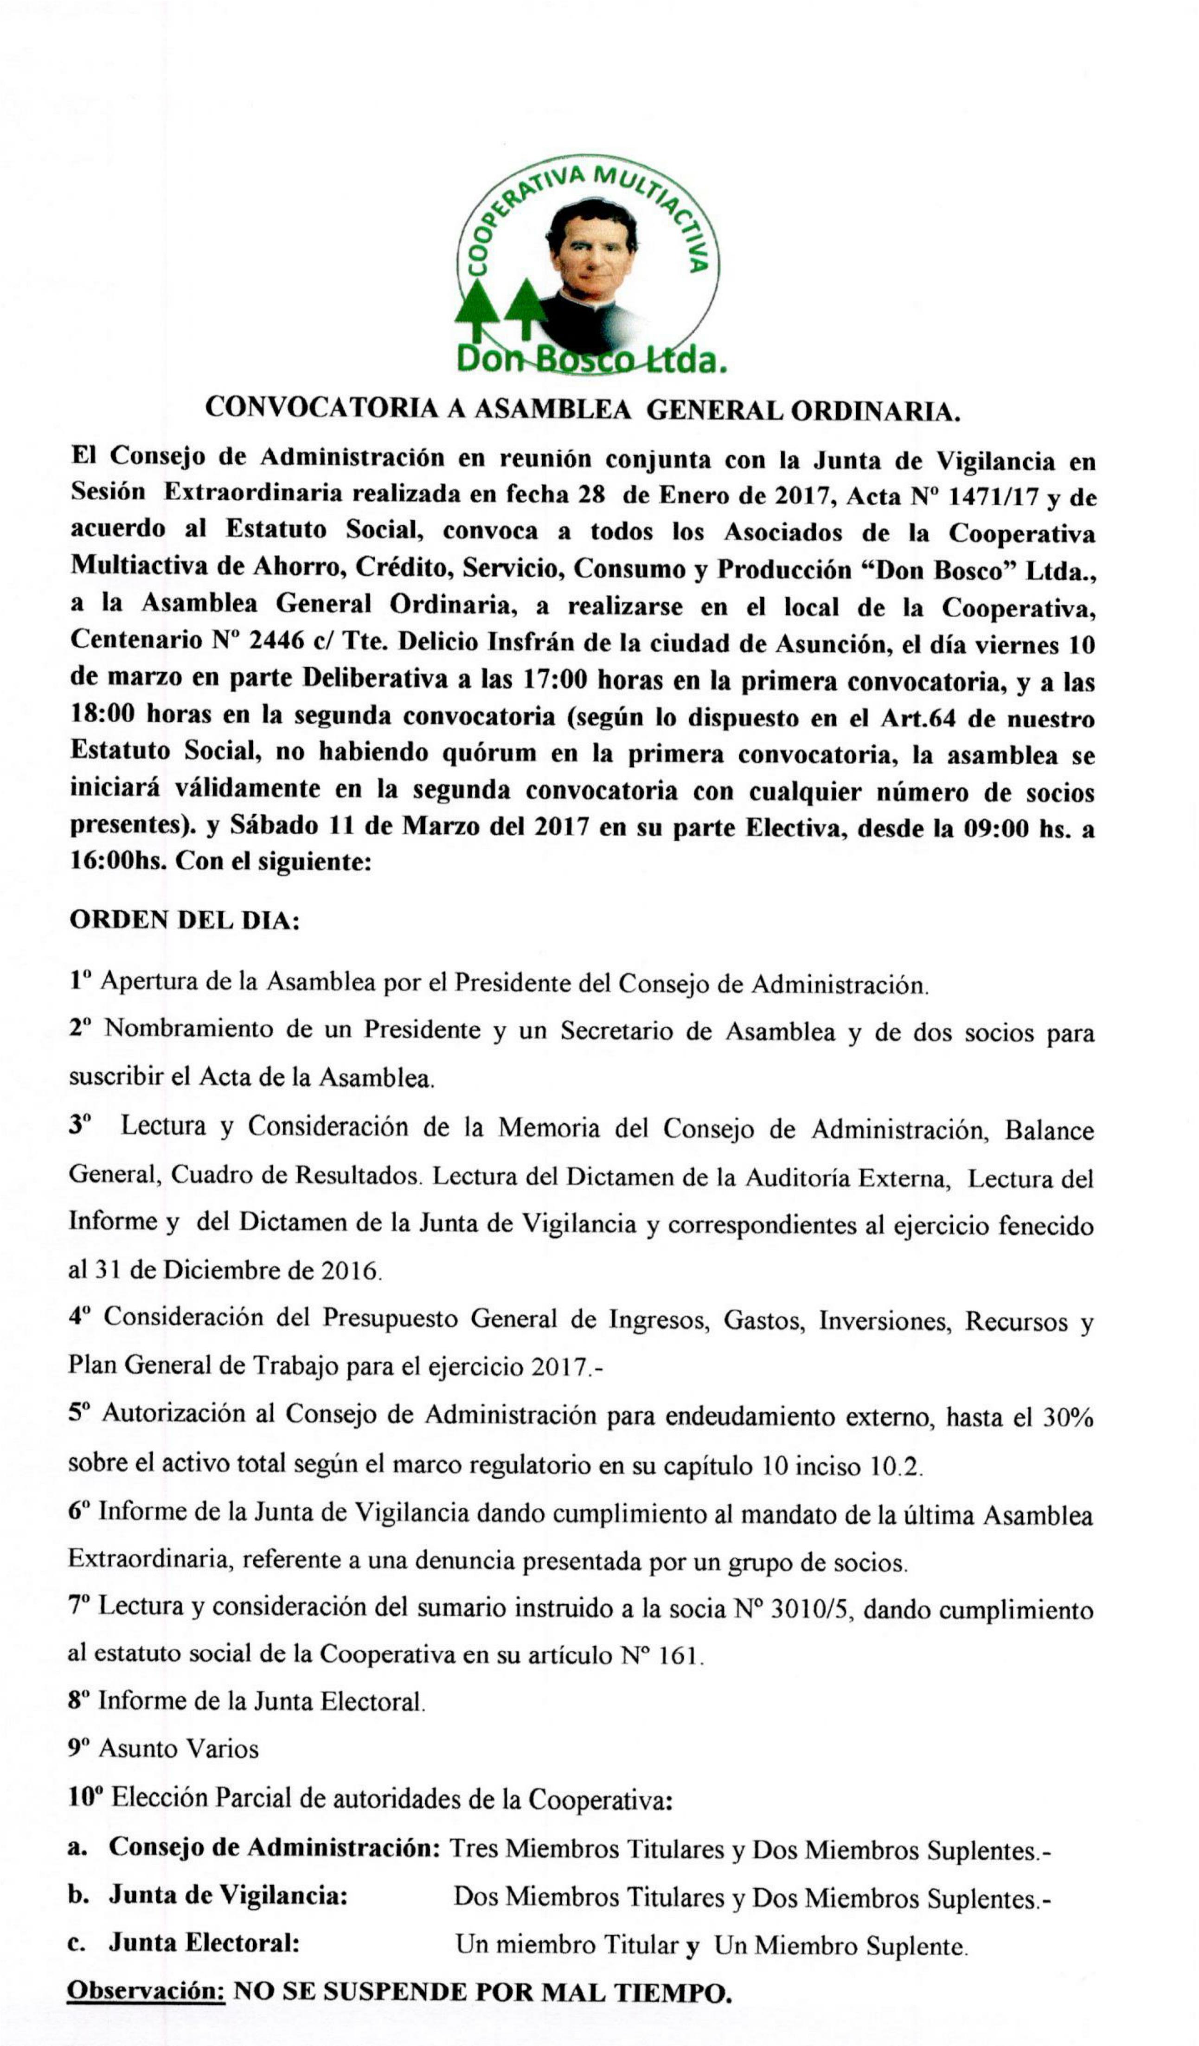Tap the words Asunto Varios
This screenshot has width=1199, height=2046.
click(x=179, y=1748)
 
